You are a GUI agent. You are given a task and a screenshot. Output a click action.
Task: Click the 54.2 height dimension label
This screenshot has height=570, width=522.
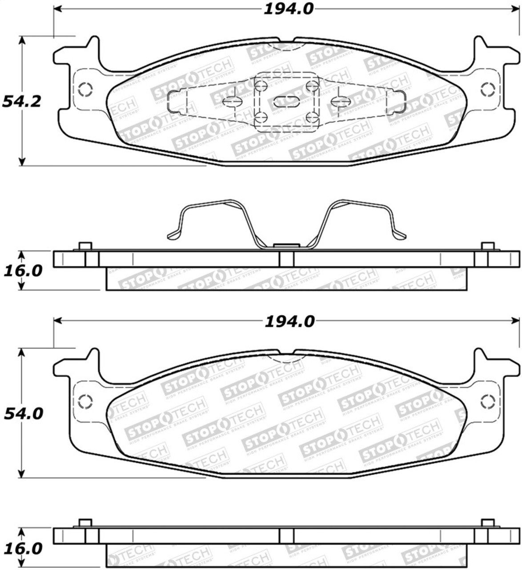[22, 102]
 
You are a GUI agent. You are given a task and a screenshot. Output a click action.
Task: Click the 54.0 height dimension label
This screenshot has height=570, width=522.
[23, 414]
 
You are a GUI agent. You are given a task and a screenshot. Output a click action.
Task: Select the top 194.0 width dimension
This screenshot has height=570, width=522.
[289, 8]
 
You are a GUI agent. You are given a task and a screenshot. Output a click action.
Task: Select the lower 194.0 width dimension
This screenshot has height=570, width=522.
[289, 322]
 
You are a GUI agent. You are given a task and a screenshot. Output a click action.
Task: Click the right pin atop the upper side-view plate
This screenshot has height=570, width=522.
[488, 246]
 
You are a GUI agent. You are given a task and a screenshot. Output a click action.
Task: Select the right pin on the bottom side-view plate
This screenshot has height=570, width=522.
[488, 523]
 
